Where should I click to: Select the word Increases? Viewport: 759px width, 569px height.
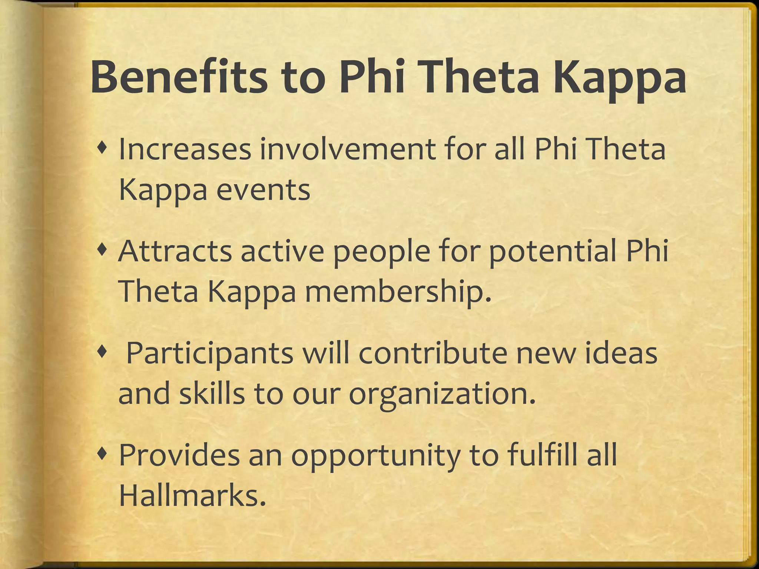pyautogui.click(x=184, y=149)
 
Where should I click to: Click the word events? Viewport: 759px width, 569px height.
pyautogui.click(x=263, y=190)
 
